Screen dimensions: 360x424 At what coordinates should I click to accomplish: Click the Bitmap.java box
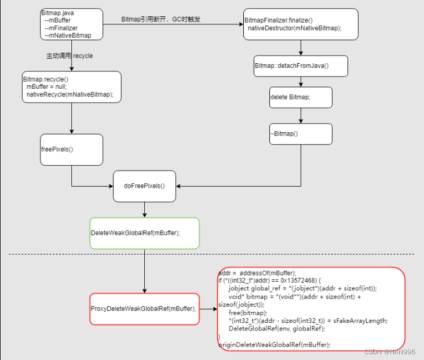pyautogui.click(x=71, y=24)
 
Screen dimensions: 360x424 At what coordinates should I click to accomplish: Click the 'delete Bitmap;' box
pyautogui.click(x=301, y=97)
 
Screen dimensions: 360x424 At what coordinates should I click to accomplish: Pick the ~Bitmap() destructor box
pyautogui.click(x=301, y=134)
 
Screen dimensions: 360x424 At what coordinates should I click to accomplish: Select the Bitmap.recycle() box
pyautogui.click(x=71, y=87)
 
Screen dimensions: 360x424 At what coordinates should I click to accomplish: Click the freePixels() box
pyautogui.click(x=71, y=149)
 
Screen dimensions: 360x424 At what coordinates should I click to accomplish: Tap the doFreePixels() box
pyautogui.click(x=144, y=186)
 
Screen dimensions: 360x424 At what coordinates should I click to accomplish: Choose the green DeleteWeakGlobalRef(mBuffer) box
pyautogui.click(x=144, y=233)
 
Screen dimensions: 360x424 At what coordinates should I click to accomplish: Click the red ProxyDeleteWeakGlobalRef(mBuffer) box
pyautogui.click(x=144, y=308)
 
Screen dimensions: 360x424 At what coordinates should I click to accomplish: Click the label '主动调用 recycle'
pyautogui.click(x=69, y=56)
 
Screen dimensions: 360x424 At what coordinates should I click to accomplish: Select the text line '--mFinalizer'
pyautogui.click(x=61, y=28)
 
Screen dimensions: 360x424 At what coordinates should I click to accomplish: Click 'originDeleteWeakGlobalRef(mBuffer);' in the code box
pyautogui.click(x=274, y=344)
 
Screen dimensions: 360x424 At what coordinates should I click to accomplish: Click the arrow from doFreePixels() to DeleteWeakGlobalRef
pyautogui.click(x=144, y=209)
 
